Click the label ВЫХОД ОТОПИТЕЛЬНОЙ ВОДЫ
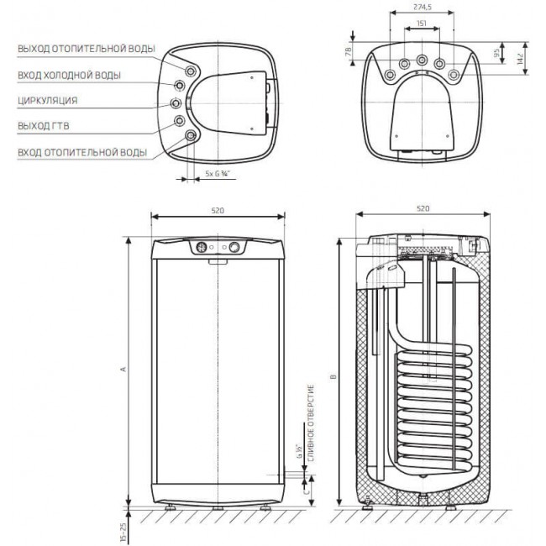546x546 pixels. point(87,49)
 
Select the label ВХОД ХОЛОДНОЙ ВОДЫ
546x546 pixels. point(69,76)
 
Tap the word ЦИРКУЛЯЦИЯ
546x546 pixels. point(48,101)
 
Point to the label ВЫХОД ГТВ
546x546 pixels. point(44,126)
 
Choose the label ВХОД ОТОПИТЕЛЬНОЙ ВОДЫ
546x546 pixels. point(82,153)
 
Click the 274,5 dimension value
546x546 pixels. point(422,7)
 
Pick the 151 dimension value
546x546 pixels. point(422,24)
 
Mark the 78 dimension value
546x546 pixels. point(348,51)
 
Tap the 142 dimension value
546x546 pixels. point(520,59)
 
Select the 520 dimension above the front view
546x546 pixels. point(218,210)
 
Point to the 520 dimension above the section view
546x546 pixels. point(423,208)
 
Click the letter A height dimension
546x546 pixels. point(123,369)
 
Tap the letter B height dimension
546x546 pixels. point(333,376)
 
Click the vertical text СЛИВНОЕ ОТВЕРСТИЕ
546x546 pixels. point(311,423)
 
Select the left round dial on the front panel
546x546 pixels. point(202,248)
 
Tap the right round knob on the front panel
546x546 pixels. point(234,247)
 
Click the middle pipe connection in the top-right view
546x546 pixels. point(422,60)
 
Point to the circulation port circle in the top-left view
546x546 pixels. point(176,102)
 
